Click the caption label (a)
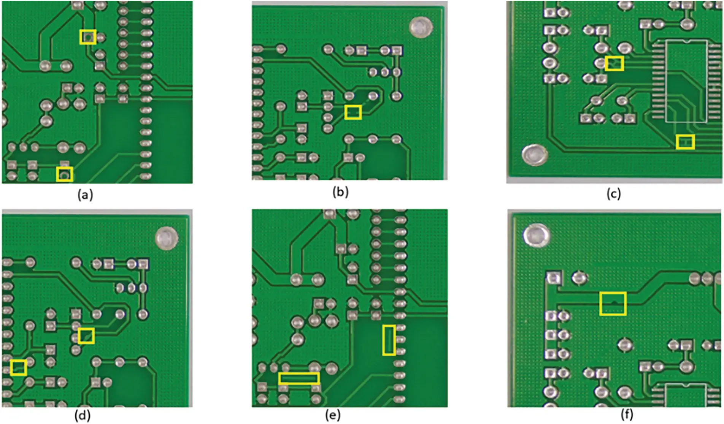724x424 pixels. point(85,195)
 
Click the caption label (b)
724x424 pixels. point(340,191)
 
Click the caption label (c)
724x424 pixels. point(613,193)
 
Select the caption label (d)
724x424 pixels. point(83,416)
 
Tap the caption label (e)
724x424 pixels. point(333,415)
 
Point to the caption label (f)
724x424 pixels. point(627,414)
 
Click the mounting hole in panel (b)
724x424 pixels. point(421,27)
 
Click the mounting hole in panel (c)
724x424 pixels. point(534,155)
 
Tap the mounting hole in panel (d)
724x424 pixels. point(167,238)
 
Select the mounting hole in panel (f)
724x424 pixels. point(536,235)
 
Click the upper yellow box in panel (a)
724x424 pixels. point(88,37)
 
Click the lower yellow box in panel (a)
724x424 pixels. point(65,174)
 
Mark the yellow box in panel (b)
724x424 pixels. point(353,112)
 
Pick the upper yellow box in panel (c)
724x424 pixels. point(614,63)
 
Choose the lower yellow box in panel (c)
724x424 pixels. point(685,142)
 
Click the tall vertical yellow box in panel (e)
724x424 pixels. point(389,340)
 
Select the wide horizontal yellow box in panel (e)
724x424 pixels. point(298,378)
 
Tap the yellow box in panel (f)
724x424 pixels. point(613,303)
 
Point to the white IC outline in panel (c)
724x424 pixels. point(686,81)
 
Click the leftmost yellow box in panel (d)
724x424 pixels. point(18,367)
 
